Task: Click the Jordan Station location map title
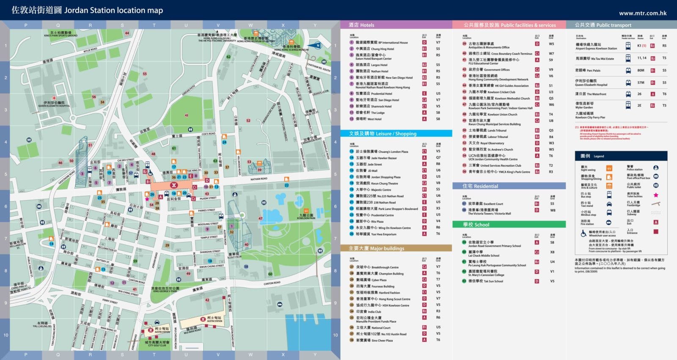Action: [87, 10]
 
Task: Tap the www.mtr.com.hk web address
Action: [642, 13]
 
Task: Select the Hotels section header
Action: [362, 25]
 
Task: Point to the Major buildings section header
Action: [376, 248]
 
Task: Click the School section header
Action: [476, 225]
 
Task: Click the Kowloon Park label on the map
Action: [306, 217]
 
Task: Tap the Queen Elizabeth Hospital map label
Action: [54, 104]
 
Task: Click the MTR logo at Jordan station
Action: [173, 185]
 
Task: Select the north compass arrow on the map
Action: [318, 45]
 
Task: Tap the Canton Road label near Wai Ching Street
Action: [137, 281]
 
